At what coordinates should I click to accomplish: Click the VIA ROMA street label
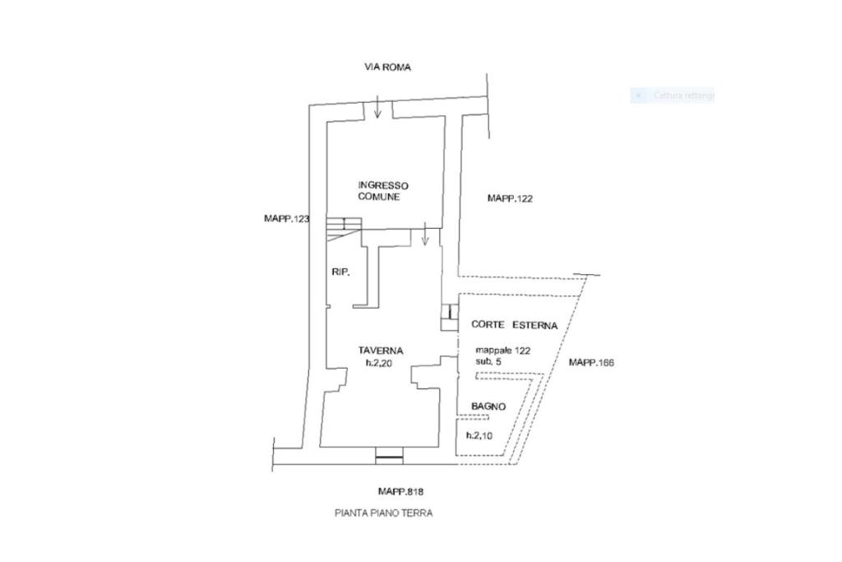[x=387, y=67]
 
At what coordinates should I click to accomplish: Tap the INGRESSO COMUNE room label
[x=382, y=192]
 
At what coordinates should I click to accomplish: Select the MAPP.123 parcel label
[x=286, y=219]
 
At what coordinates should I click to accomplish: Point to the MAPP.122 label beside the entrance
[x=511, y=198]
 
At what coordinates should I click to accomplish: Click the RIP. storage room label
[x=340, y=272]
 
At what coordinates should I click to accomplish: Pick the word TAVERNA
[x=381, y=351]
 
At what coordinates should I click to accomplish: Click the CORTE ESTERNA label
[x=514, y=326]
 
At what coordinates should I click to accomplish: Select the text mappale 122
[x=502, y=350]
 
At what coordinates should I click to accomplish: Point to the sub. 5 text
[x=489, y=361]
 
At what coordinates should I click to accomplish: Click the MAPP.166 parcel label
[x=592, y=363]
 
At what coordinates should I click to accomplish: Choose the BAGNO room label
[x=488, y=406]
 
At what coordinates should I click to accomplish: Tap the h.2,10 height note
[x=479, y=436]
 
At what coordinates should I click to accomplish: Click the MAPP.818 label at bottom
[x=400, y=491]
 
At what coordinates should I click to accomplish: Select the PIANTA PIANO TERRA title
[x=383, y=513]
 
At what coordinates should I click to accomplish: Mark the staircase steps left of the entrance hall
[x=344, y=225]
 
